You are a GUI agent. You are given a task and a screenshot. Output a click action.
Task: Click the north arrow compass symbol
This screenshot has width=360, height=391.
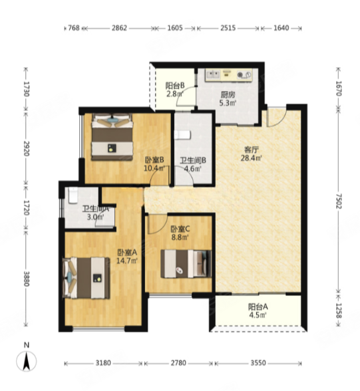click(x=26, y=361)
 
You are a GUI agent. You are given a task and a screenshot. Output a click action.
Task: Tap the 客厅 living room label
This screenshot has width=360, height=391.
click(x=251, y=150)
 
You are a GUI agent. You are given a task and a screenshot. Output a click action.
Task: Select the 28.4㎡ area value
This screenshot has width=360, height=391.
click(x=251, y=158)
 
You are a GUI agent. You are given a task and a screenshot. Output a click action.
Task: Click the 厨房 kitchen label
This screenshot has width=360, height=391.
click(x=228, y=94)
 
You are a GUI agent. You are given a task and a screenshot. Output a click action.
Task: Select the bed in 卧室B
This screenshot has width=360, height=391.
click(x=112, y=137)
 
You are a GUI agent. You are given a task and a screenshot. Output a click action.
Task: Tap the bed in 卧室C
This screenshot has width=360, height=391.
click(x=186, y=264)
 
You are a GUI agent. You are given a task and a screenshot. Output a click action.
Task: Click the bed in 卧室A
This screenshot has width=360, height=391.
click(x=87, y=278)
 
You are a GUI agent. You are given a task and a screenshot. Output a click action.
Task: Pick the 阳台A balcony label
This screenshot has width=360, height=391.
click(x=258, y=307)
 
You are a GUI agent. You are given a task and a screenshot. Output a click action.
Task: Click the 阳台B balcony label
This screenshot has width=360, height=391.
click(x=174, y=86)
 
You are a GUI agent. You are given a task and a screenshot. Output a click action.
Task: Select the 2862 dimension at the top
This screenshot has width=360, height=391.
click(x=119, y=28)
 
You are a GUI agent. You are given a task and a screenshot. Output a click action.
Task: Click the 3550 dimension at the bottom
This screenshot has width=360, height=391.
click(x=258, y=363)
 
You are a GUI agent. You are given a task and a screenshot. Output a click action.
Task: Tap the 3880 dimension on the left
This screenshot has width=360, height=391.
click(x=26, y=279)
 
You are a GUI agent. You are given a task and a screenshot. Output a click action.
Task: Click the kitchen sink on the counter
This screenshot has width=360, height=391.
click(x=212, y=74)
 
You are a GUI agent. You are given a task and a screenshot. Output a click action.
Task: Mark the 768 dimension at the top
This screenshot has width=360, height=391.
click(x=74, y=28)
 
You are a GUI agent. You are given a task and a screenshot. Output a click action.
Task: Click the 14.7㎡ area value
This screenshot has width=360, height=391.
click(x=127, y=261)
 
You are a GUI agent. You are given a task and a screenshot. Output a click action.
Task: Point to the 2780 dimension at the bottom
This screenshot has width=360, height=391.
click(x=178, y=363)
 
